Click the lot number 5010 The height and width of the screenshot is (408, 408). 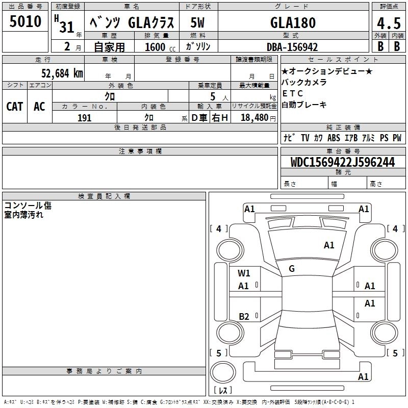click(25, 21)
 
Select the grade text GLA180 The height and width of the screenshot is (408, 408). click(293, 22)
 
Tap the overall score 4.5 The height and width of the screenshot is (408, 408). click(389, 23)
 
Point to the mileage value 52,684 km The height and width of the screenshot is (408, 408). click(62, 73)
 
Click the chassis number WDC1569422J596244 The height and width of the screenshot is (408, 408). click(343, 162)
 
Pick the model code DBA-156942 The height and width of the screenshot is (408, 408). click(292, 47)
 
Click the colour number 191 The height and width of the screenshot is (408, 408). click(85, 118)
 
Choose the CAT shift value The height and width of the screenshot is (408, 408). click(15, 107)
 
